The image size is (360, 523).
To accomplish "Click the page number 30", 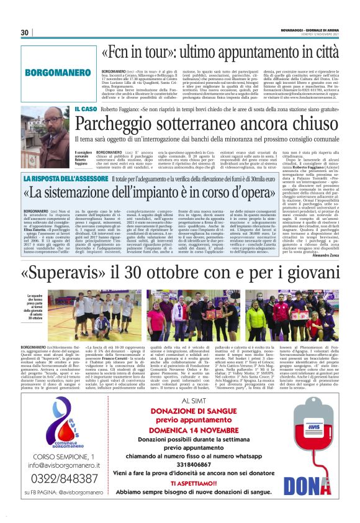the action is click(24, 32).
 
